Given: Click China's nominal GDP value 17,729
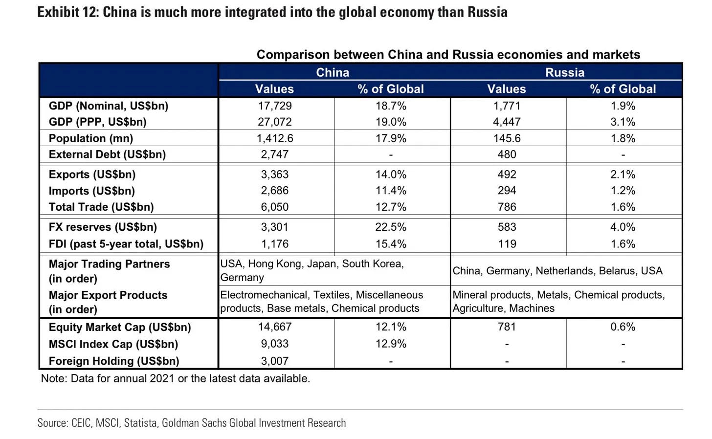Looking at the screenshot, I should (274, 106).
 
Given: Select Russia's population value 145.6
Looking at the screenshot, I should (507, 138).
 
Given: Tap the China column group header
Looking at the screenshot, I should (333, 72).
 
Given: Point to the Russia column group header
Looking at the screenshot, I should (565, 72).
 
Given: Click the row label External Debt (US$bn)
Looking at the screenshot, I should (107, 154).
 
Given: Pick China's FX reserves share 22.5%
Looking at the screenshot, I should (391, 227).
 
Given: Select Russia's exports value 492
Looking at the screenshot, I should (507, 175).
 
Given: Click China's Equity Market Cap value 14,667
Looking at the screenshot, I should (274, 327).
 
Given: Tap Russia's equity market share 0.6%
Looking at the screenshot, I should (623, 327).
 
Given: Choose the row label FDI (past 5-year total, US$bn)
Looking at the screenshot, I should (126, 244).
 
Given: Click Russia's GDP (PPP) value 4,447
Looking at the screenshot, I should (507, 122).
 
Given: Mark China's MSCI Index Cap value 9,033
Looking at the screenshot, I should (274, 344).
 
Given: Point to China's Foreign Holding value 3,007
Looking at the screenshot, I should (274, 361).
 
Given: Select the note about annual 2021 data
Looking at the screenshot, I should (175, 378).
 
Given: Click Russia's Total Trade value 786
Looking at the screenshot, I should (507, 207).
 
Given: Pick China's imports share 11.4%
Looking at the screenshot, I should (391, 191).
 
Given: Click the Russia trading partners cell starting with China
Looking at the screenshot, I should (557, 271).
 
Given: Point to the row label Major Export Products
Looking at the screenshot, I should (108, 295).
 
